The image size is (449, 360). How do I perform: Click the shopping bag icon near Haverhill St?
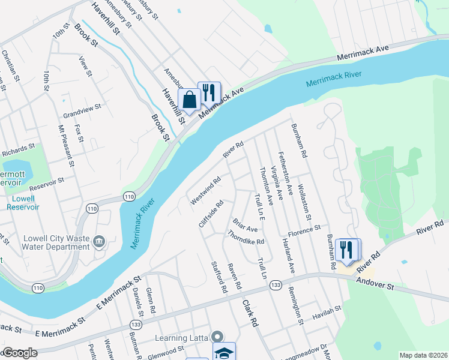[x=189, y=100]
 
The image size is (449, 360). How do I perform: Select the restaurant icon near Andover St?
[x=346, y=250]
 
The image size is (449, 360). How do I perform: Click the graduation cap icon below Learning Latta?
[x=224, y=353]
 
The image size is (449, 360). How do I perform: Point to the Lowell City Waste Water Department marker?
[x=99, y=242]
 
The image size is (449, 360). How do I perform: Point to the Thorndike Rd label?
[x=246, y=238]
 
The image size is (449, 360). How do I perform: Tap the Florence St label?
[x=304, y=230]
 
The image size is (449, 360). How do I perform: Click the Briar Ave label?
[x=245, y=226]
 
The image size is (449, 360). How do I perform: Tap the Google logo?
[x=19, y=353]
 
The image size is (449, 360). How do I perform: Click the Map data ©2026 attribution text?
[x=423, y=355]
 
